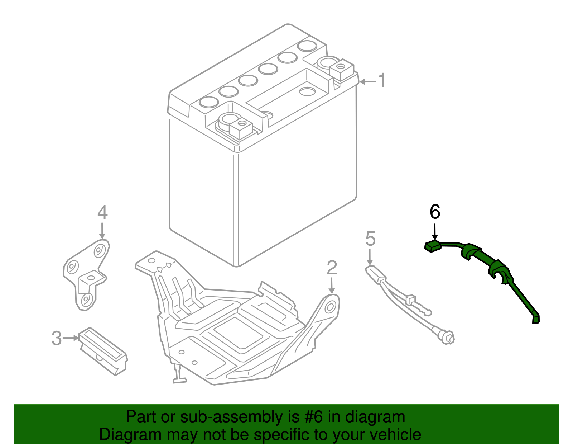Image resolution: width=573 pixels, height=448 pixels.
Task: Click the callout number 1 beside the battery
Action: click(381, 80)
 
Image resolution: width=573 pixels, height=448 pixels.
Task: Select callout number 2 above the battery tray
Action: click(332, 268)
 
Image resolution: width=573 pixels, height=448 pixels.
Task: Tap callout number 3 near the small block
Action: click(57, 338)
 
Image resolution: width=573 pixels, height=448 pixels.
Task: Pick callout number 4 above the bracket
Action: click(102, 212)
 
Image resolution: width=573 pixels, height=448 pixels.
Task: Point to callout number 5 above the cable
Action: click(370, 239)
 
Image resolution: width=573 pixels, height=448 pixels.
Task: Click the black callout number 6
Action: click(435, 212)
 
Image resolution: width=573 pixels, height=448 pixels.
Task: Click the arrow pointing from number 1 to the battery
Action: click(367, 82)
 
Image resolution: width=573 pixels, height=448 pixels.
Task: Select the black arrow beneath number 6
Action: click(434, 232)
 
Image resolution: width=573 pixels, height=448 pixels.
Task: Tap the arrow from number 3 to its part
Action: click(71, 338)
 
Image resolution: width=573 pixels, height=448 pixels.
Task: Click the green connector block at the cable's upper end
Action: click(433, 246)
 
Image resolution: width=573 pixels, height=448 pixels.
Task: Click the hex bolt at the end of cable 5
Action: click(448, 338)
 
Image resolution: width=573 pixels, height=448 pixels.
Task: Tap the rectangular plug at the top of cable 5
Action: click(376, 274)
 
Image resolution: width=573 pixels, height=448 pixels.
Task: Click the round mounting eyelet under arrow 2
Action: click(330, 307)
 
